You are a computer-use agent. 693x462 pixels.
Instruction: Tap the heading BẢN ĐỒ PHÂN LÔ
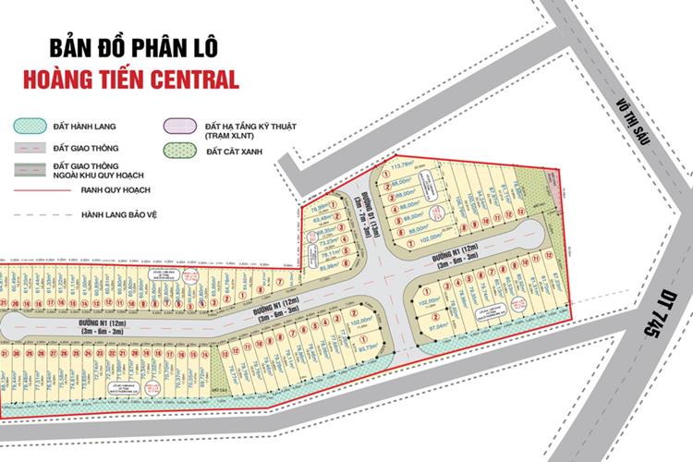[x=130, y=49]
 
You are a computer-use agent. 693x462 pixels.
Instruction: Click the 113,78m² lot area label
[x=403, y=167]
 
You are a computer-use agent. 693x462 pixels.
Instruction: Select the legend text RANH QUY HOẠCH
[x=115, y=190]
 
